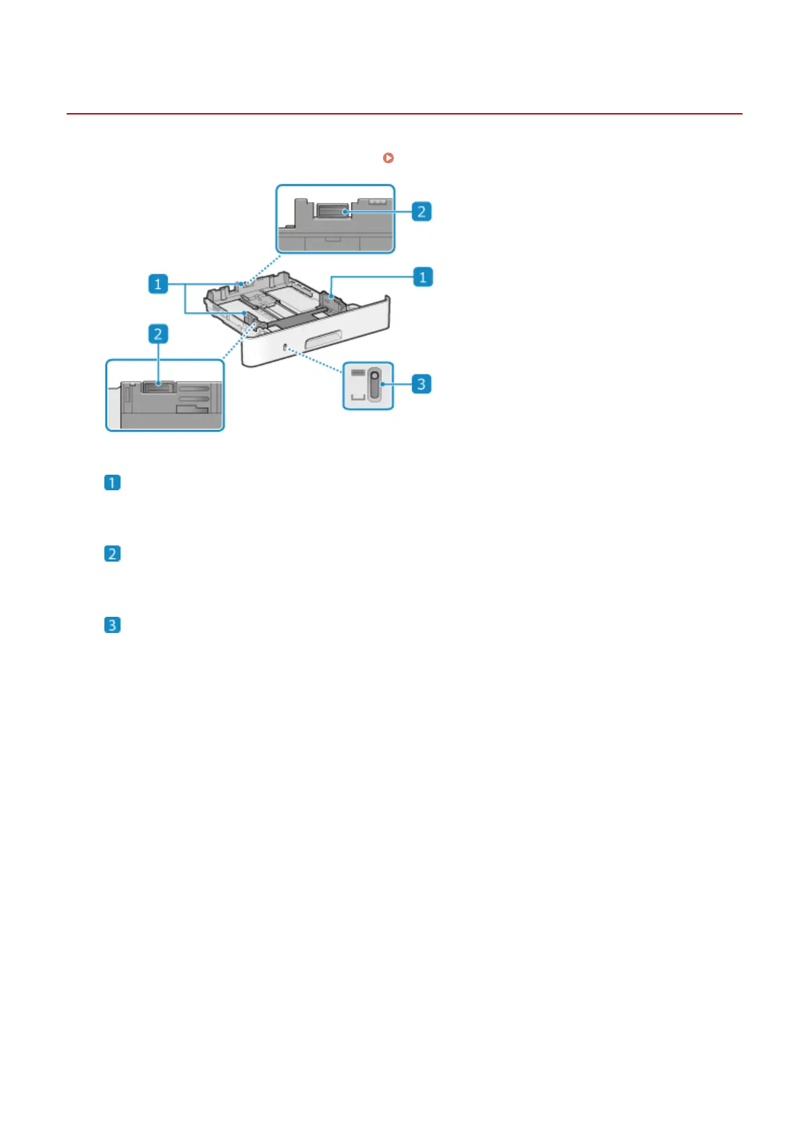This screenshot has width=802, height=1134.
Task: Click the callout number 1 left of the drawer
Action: [158, 283]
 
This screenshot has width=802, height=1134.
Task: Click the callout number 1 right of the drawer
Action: [422, 277]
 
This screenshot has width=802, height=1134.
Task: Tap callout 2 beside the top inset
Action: [421, 211]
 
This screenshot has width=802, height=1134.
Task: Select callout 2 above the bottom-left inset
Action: [158, 334]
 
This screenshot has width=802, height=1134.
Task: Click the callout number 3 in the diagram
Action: [421, 384]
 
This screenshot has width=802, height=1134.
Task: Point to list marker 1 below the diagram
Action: [112, 483]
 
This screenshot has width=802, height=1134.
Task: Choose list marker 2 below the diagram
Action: [112, 554]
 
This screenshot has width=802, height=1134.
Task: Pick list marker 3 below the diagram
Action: [112, 625]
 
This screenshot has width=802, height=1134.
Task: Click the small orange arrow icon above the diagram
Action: [388, 158]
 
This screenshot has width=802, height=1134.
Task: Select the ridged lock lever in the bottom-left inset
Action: [159, 387]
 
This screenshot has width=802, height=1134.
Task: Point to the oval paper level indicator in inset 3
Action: [374, 385]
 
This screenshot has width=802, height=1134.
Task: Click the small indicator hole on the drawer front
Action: [286, 347]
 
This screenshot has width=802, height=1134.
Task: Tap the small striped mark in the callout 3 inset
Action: [358, 372]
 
